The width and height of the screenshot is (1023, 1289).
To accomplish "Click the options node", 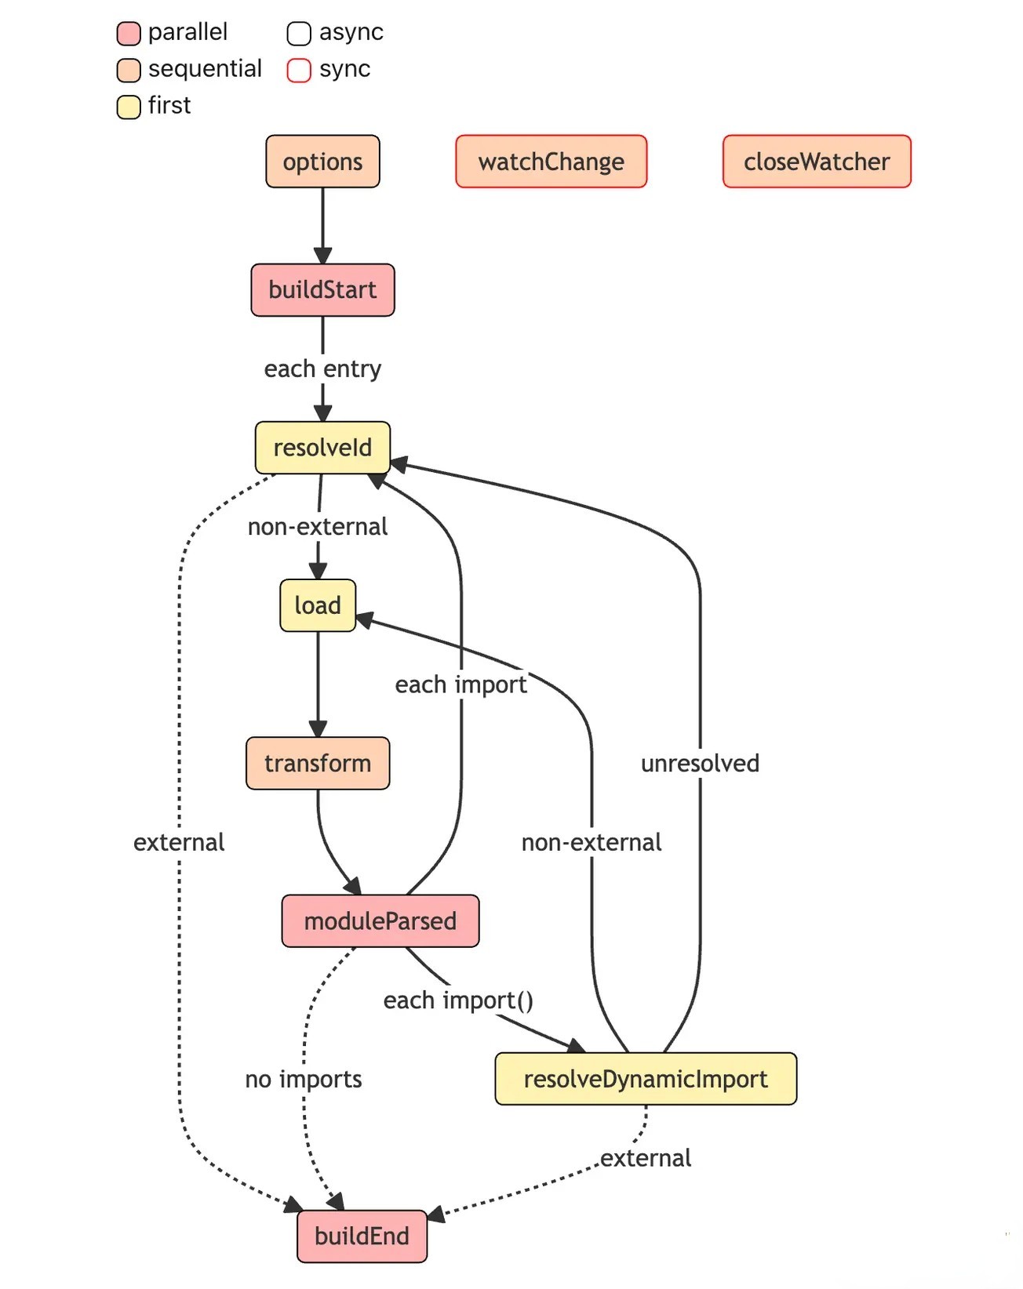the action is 322,162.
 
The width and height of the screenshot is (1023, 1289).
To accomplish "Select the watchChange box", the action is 551,162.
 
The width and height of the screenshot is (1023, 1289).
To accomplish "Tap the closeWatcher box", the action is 817,162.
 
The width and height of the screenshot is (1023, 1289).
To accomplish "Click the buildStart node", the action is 322,290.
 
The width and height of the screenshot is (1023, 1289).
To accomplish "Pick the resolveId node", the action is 322,448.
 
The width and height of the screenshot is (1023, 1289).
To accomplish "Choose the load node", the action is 318,605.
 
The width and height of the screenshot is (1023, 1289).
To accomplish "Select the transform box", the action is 318,763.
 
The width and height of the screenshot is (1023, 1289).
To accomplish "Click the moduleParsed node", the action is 380,920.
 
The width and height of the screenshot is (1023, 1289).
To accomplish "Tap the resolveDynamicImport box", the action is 646,1079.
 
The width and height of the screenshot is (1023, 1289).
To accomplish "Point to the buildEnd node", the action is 362,1236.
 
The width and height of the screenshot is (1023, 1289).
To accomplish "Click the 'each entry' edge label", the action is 322,369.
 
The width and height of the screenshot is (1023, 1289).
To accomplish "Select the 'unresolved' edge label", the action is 700,763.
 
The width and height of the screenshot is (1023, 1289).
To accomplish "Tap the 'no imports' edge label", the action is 304,1079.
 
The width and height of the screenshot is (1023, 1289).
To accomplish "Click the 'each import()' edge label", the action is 458,1000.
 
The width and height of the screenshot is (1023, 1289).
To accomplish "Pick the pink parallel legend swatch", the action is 129,34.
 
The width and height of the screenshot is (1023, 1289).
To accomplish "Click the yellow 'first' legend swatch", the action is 129,107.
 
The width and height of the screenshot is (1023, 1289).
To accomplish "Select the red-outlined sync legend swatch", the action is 299,70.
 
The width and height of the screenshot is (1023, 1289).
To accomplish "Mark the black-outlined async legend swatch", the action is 299,34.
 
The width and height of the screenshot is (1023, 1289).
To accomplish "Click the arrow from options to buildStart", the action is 322,226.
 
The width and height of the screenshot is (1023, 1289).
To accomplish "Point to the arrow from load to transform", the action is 318,684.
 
